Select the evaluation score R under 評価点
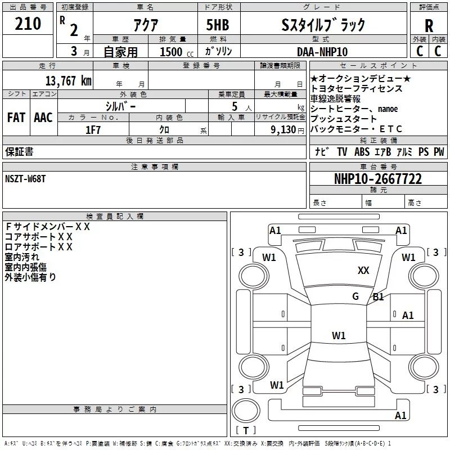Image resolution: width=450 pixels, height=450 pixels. click(429, 25)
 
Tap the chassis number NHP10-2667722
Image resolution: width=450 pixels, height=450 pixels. click(378, 179)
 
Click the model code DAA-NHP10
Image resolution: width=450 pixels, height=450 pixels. click(322, 52)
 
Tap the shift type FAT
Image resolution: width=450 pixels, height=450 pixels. click(16, 118)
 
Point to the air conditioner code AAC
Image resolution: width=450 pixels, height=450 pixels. click(43, 118)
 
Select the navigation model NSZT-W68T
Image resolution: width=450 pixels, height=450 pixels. click(25, 178)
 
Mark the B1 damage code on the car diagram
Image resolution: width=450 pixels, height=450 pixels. click(378, 297)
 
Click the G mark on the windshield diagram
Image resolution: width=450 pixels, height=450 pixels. click(355, 296)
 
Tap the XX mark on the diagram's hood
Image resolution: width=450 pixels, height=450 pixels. click(363, 271)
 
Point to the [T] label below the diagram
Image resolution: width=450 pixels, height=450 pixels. click(245, 431)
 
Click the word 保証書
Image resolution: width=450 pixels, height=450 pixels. click(19, 152)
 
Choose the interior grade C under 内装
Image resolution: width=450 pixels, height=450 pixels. click(438, 51)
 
